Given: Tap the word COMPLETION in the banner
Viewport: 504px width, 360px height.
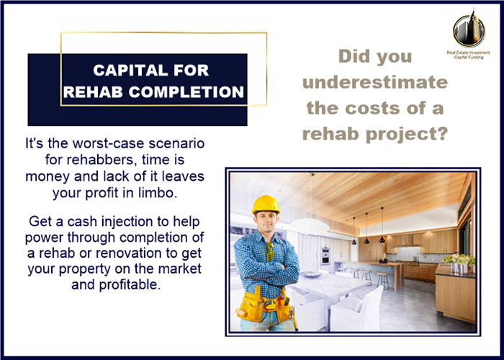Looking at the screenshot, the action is [186, 92].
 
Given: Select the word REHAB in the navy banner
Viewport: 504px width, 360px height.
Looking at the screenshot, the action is [93, 92].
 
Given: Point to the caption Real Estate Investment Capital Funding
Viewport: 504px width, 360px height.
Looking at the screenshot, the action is [468, 55].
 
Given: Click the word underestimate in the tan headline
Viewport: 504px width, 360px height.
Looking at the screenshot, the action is [375, 82].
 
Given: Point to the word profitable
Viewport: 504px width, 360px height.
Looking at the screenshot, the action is [130, 284].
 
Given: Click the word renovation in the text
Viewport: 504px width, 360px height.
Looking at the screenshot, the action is [129, 253].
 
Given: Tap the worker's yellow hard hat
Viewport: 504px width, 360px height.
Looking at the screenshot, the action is [266, 204].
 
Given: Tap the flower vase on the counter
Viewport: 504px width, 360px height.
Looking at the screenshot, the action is [459, 264].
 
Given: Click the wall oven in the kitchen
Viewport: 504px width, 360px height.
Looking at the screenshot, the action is [325, 256].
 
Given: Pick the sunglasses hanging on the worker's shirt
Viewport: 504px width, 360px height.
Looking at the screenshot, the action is [270, 251].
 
